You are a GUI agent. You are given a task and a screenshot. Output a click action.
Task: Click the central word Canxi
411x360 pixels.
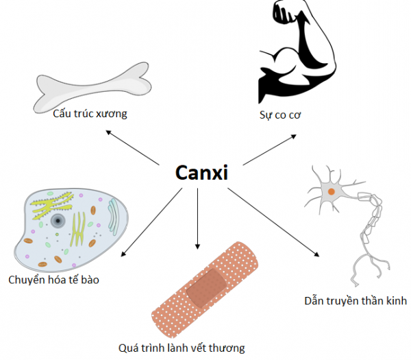(201, 173)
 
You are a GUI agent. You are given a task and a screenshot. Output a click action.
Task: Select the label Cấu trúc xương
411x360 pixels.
(90, 114)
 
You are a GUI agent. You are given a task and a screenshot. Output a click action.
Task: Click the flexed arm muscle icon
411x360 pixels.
(297, 53)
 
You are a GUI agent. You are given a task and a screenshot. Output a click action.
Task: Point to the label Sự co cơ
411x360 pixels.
(280, 115)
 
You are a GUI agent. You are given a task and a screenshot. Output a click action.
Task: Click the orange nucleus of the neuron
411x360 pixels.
(332, 191)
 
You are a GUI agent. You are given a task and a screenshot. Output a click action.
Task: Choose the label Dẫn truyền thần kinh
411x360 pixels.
(356, 301)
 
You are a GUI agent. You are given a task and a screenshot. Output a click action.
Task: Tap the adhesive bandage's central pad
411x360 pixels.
(207, 288)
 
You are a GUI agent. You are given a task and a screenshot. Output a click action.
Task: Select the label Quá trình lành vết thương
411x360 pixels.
(182, 348)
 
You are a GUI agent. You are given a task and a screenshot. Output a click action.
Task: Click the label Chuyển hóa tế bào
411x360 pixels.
(53, 280)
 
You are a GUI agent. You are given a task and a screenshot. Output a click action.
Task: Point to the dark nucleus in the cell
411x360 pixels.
(58, 221)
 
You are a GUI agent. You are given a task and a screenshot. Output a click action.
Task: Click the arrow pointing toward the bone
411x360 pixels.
(132, 147)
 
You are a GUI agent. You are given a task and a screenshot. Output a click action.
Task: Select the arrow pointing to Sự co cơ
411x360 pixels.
(270, 149)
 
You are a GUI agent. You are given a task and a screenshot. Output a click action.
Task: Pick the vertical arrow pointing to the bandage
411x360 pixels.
(198, 219)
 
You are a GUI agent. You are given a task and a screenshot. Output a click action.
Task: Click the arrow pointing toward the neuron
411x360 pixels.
(273, 222)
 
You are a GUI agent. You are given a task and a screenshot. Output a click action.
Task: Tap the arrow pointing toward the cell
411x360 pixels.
(151, 222)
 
